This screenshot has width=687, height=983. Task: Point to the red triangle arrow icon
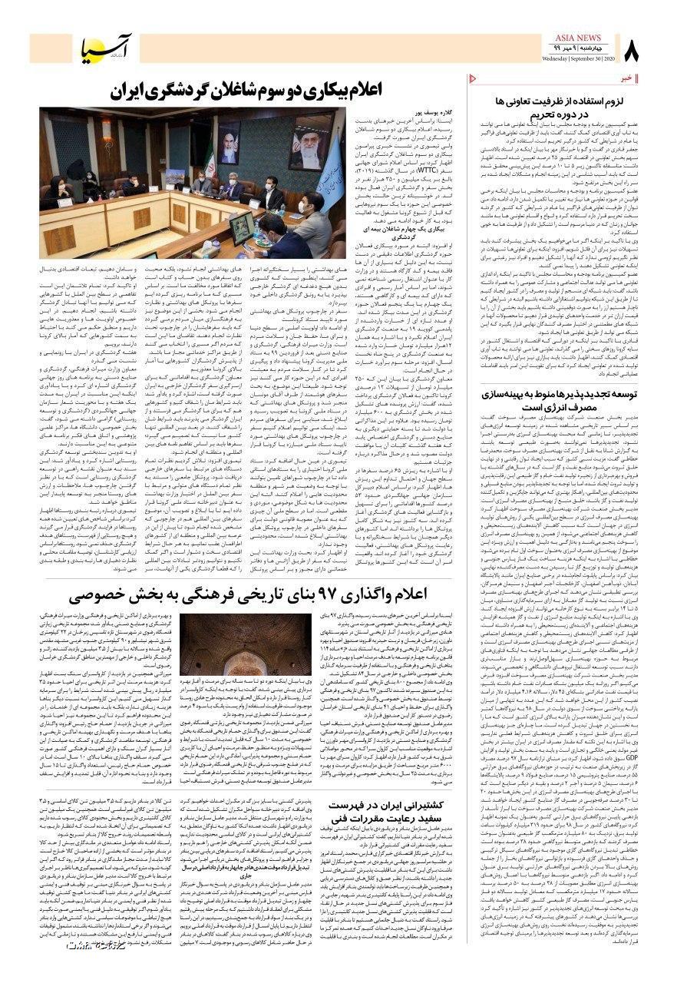[472, 78]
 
